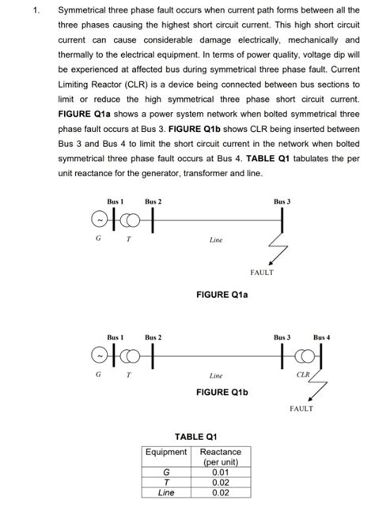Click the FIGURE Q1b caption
[222, 392]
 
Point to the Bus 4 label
[322, 337]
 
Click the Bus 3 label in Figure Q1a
[282, 203]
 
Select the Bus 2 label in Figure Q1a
[153, 203]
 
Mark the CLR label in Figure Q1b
[303, 374]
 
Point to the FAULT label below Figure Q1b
[301, 408]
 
